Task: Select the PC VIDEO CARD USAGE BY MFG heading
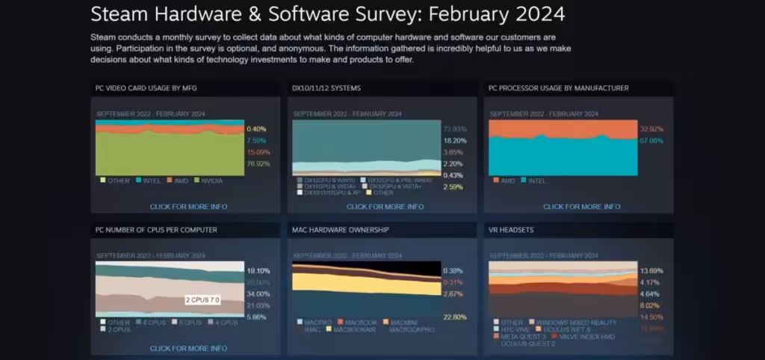coord(146,88)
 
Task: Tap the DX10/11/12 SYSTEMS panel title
coord(326,88)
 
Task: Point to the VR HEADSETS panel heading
coord(511,230)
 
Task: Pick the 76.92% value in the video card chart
coord(258,164)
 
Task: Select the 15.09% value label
coord(258,152)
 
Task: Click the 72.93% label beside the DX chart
coord(455,128)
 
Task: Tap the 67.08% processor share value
coord(651,140)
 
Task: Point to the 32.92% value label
coord(651,128)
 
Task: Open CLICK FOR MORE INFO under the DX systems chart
coord(385,206)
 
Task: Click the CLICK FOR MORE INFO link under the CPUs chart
coord(188,348)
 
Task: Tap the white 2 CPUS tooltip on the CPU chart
coord(202,300)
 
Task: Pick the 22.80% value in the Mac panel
coord(455,317)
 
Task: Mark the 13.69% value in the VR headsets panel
coord(651,270)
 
